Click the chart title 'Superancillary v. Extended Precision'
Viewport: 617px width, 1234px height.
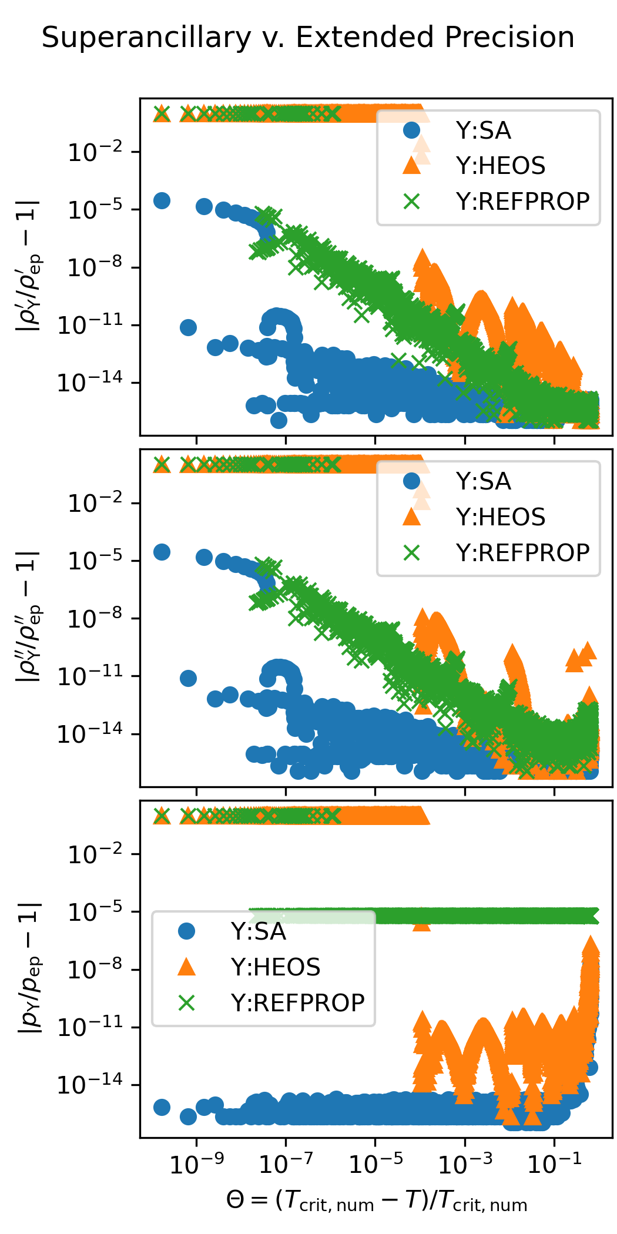[308, 38]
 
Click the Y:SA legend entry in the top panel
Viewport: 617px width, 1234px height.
[483, 130]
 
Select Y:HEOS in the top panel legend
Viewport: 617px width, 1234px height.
[501, 166]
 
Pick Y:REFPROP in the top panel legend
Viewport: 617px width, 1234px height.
[522, 202]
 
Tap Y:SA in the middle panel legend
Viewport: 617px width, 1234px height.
[483, 482]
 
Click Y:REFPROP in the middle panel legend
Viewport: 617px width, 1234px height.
[522, 553]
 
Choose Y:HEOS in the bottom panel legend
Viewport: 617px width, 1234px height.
[276, 967]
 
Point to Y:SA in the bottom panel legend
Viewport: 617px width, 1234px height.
[258, 931]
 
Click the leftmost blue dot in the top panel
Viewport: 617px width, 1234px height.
[162, 200]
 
